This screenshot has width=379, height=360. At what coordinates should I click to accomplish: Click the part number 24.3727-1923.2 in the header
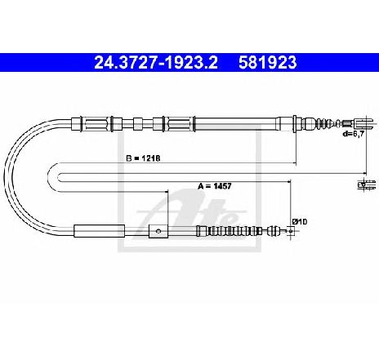(156, 62)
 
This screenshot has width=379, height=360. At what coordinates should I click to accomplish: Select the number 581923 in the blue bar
(268, 62)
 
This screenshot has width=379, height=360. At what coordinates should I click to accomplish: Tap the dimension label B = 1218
(143, 158)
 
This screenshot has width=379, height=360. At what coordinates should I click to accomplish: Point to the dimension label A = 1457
(215, 186)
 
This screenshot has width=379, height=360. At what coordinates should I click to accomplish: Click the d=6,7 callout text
(354, 134)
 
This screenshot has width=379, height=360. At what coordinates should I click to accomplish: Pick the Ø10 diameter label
(300, 222)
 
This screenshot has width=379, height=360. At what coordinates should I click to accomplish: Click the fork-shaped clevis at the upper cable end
(363, 123)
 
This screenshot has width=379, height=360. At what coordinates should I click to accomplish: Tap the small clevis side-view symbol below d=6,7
(367, 184)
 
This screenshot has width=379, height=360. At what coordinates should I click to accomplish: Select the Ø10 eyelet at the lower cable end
(291, 231)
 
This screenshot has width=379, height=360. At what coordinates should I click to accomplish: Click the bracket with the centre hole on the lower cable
(158, 231)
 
